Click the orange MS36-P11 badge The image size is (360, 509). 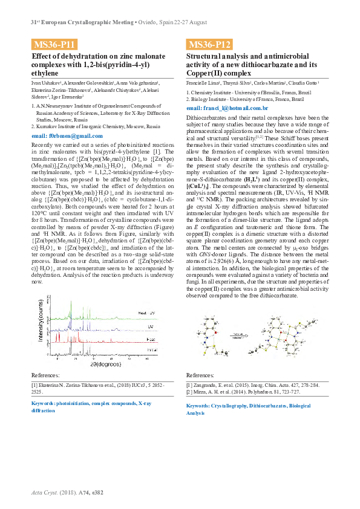tap(55, 44)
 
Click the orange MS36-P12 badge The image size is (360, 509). tap(210, 44)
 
